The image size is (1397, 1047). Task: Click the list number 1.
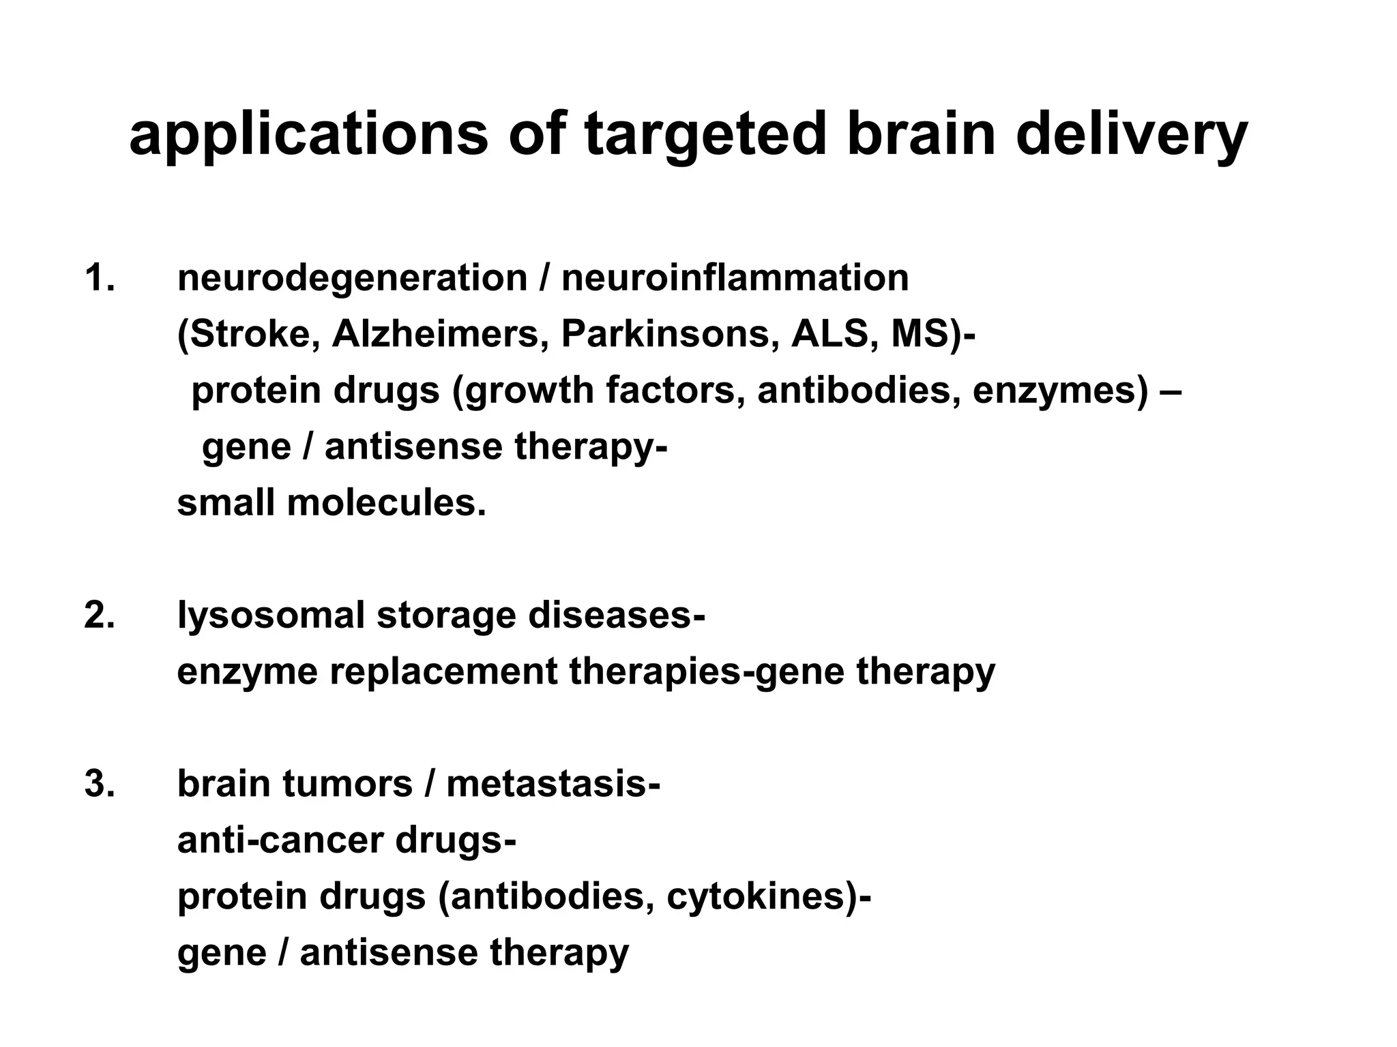100,278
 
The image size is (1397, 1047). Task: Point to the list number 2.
100,615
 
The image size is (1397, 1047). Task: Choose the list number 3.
100,783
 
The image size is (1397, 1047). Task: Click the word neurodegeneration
352,278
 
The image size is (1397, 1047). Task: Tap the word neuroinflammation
735,278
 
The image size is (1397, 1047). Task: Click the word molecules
386,503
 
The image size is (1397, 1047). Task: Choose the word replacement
443,671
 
